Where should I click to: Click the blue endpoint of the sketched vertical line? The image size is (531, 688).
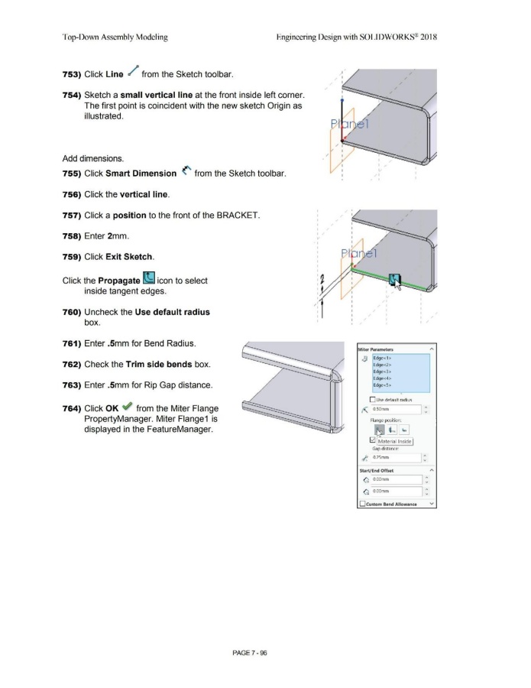pos(343,99)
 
